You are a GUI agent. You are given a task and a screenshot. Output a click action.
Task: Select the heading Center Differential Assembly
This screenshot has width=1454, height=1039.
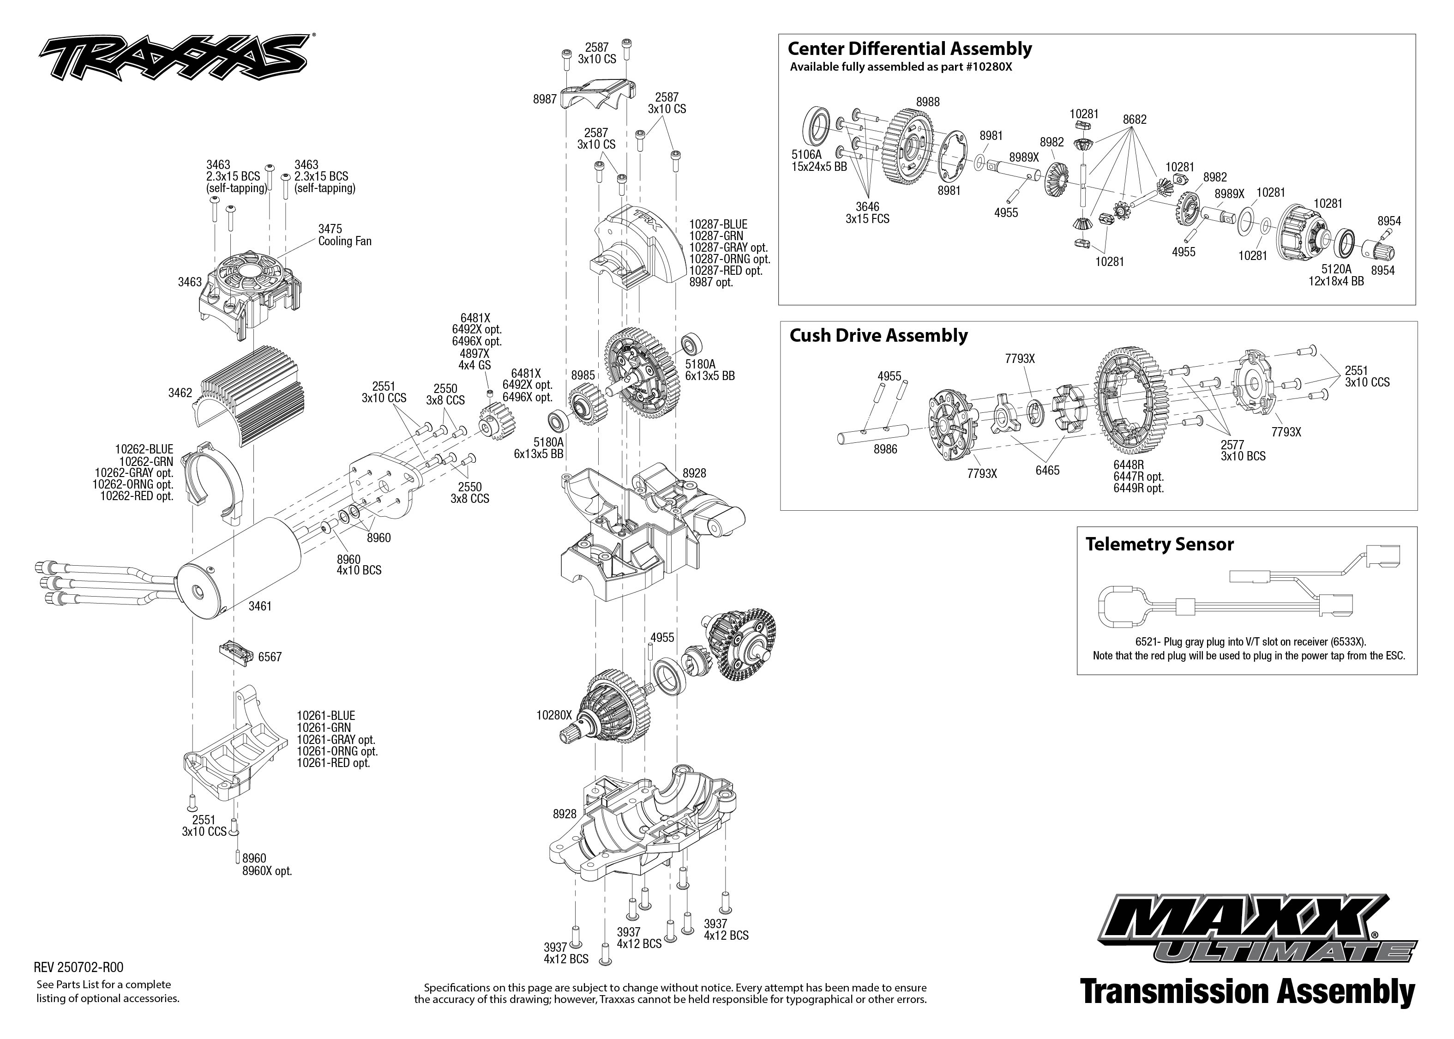click(x=909, y=48)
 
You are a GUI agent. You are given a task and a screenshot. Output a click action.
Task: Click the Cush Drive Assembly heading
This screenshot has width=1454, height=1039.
click(x=878, y=336)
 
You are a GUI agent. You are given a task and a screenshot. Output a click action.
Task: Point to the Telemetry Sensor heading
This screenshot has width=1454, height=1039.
click(x=1159, y=544)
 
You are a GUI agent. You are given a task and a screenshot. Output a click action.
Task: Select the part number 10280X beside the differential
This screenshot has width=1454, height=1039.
click(x=554, y=715)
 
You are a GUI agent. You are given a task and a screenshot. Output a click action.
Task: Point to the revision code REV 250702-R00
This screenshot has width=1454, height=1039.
click(x=78, y=967)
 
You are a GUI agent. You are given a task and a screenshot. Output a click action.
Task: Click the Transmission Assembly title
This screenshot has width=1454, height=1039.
click(x=1247, y=991)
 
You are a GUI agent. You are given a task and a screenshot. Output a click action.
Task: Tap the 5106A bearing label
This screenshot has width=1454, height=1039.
click(x=806, y=155)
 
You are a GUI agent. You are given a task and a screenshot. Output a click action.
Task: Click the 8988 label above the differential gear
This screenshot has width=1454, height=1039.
click(x=928, y=102)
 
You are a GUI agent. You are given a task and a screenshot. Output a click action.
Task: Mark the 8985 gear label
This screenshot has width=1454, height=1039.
click(x=583, y=375)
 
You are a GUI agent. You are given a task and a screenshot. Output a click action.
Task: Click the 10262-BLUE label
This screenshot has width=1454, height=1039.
click(x=144, y=450)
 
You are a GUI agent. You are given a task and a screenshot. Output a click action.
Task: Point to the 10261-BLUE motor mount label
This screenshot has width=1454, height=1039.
click(x=325, y=716)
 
